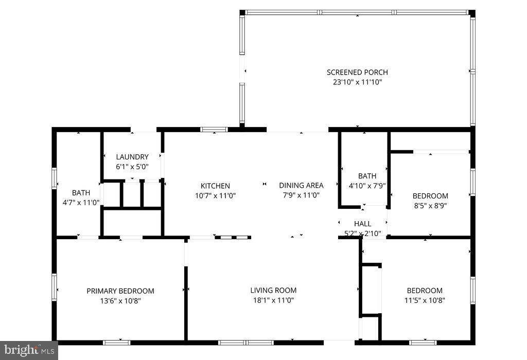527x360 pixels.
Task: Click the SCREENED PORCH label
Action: pos(357,73)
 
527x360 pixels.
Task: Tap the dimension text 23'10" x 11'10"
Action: pos(357,82)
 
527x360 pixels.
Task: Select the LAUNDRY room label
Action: pos(132,157)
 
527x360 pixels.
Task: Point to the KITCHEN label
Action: pos(215,186)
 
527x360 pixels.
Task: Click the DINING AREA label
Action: pos(301,186)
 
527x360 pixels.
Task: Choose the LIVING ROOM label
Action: pos(273,291)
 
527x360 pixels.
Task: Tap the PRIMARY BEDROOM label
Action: pos(120,291)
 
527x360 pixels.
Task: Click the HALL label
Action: pos(362,224)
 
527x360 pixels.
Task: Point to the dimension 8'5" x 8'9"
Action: pos(430,205)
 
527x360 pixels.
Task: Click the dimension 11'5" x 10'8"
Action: pos(425,300)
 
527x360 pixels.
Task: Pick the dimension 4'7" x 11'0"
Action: pos(81,203)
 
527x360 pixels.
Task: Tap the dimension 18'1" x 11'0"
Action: pos(273,300)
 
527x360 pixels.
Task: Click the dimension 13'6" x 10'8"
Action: pos(120,301)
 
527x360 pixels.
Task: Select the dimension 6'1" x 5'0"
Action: pos(132,167)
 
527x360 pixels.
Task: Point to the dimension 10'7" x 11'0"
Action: pos(215,195)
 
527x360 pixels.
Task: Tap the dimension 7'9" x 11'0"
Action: pos(301,195)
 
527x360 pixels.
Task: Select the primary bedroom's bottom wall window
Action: pos(116,342)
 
